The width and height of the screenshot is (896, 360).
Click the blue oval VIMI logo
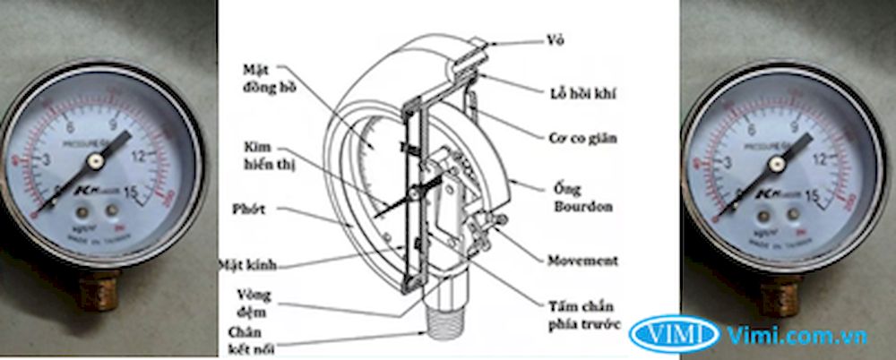click(674, 334)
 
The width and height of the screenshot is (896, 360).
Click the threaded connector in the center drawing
click(448, 319)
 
